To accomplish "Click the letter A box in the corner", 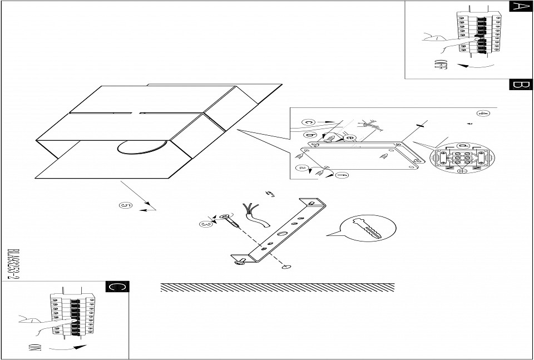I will click(x=521, y=6).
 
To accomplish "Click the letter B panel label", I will click(x=521, y=85).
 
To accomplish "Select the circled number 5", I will click(x=126, y=206).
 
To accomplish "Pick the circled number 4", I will click(x=484, y=115).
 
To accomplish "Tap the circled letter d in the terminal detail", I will click(x=461, y=146).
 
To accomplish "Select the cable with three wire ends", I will click(x=255, y=217).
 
